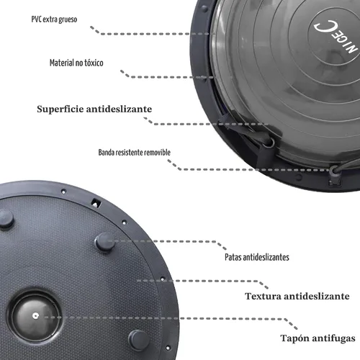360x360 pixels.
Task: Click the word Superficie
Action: click(60, 109)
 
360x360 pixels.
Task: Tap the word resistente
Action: click(130, 153)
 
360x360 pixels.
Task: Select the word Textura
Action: click(263, 296)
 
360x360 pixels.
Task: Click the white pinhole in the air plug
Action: click(35, 316)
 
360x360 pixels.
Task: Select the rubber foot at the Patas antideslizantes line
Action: click(105, 242)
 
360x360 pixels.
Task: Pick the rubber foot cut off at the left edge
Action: click(6, 220)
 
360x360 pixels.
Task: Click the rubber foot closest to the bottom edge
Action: click(138, 340)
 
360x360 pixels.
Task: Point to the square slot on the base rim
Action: click(96, 203)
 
